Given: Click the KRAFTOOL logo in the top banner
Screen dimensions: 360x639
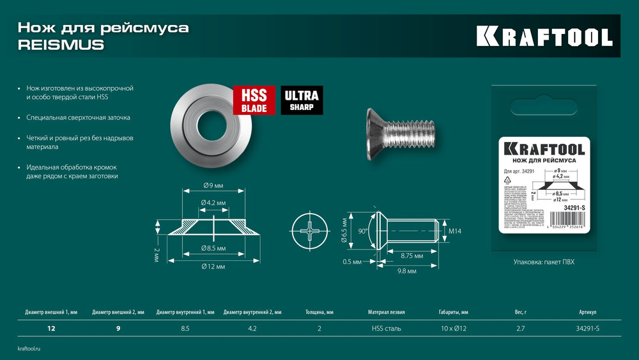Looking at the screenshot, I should click(544, 36).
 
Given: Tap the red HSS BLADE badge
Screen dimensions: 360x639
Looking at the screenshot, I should click(254, 100).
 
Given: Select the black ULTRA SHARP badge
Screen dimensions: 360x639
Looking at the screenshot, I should click(302, 100).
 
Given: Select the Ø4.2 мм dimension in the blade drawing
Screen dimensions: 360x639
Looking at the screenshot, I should click(213, 203).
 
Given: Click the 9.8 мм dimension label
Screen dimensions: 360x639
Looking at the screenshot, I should click(406, 271).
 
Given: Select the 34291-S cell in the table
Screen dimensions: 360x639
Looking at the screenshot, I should click(588, 328).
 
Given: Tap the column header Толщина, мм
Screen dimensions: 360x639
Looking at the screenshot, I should click(318, 313).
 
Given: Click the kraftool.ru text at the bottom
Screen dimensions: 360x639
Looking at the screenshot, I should click(29, 348).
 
